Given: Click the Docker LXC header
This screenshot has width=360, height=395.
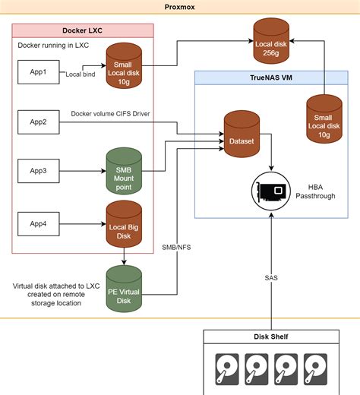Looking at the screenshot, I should click(x=84, y=30).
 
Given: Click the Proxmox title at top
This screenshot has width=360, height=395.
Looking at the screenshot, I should click(x=180, y=7).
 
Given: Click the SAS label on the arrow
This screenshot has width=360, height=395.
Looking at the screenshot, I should click(x=271, y=277).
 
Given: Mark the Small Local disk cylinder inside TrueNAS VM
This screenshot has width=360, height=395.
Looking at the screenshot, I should click(x=324, y=119).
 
